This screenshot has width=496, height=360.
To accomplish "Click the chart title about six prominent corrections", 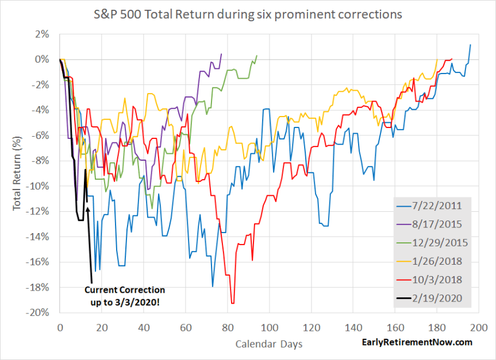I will (x=248, y=14).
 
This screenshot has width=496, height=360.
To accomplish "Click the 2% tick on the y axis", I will (x=41, y=34).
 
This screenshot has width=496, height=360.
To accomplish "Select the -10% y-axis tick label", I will (x=38, y=186).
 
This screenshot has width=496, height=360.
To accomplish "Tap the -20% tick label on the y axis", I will (x=38, y=313).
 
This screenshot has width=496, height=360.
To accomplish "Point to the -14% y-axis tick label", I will (x=38, y=237).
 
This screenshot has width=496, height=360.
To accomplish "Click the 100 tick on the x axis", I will (x=269, y=326).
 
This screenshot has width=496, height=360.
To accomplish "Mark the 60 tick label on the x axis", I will (x=185, y=326).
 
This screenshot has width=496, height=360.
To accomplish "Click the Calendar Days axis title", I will (x=268, y=343).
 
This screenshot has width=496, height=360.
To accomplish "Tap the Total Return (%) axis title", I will (x=17, y=173).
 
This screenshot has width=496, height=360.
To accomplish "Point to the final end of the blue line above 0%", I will (x=471, y=45).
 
